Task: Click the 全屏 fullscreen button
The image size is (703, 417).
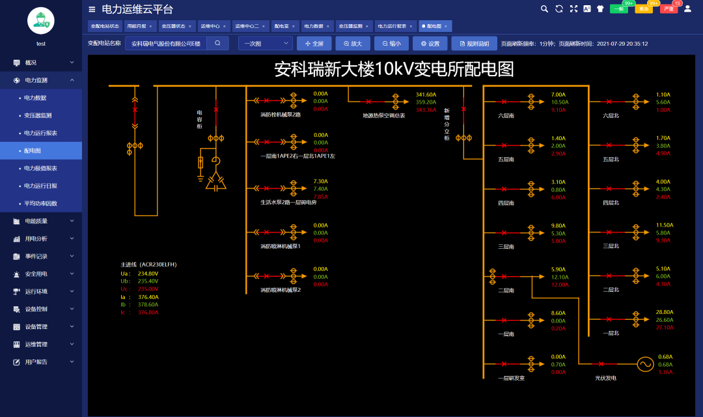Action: tap(314, 44)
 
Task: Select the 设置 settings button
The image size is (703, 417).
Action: tap(430, 44)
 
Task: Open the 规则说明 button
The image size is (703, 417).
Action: tap(474, 44)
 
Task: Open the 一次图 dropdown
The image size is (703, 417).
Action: tap(265, 44)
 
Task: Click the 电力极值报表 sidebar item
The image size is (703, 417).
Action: tap(40, 168)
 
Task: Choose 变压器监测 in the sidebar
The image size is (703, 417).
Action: tap(38, 115)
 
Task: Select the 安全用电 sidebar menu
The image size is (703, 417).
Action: tap(36, 274)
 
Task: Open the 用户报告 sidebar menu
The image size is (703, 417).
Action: tap(36, 362)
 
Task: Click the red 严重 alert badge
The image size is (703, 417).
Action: tap(669, 8)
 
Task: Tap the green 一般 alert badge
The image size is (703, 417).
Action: tap(619, 8)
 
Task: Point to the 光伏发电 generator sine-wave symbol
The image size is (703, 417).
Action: tap(645, 364)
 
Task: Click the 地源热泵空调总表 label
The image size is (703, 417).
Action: tap(383, 115)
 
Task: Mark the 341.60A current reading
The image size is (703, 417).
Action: tap(426, 94)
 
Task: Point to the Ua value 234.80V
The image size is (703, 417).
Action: tap(148, 274)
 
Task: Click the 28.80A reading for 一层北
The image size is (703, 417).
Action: tap(665, 312)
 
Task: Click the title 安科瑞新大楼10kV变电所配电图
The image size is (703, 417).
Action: tap(394, 69)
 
